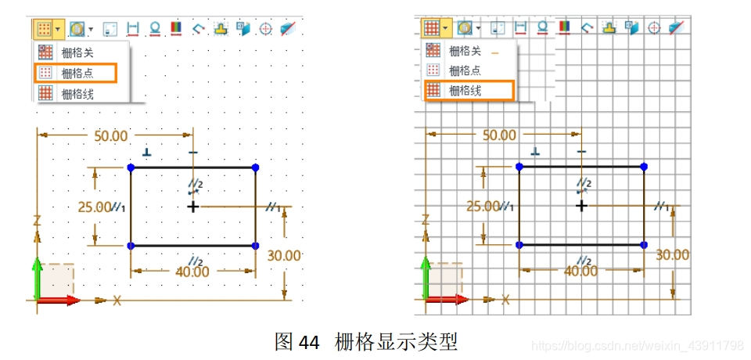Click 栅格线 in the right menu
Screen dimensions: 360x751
465,91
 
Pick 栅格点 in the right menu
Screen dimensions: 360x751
465,70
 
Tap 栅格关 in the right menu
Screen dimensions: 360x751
465,51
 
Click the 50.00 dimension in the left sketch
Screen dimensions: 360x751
110,135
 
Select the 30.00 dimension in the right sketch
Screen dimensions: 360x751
673,254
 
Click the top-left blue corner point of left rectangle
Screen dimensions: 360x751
131,167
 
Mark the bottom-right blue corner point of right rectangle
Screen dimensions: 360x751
644,245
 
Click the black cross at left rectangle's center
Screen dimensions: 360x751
193,207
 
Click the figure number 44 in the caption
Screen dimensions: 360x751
309,342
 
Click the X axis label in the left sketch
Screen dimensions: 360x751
117,301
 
